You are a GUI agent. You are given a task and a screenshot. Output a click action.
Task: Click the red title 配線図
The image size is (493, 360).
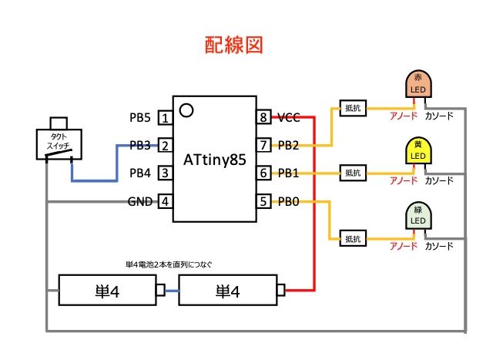tap(234, 45)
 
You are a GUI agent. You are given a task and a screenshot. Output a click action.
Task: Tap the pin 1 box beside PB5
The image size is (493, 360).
tap(164, 118)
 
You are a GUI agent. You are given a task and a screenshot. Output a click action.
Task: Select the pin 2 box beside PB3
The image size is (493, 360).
tap(164, 145)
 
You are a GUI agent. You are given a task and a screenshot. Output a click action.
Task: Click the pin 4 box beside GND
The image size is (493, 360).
tap(164, 202)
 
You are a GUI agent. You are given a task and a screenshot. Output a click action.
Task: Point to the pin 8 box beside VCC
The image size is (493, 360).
tap(263, 118)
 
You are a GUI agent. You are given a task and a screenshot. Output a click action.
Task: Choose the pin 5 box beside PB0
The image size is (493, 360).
tap(263, 202)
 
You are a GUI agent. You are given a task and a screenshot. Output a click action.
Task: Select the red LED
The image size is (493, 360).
tap(418, 85)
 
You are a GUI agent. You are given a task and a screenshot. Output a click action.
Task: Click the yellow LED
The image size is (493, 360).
tap(418, 151)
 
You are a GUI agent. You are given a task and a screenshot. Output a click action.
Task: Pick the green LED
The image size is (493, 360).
tap(418, 217)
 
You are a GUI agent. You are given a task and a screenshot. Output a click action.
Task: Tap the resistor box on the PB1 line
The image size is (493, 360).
tap(353, 173)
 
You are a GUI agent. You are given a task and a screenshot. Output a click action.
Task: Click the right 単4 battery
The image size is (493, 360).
tap(228, 291)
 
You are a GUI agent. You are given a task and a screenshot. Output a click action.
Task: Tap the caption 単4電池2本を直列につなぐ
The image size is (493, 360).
tap(169, 264)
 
